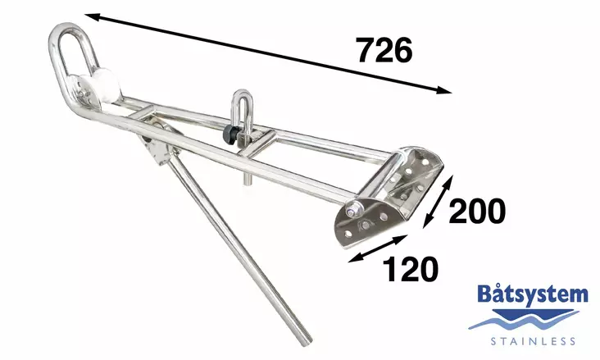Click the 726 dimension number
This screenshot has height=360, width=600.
384,50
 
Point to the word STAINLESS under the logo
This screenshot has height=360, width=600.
533,339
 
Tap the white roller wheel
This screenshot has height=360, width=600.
103,88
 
